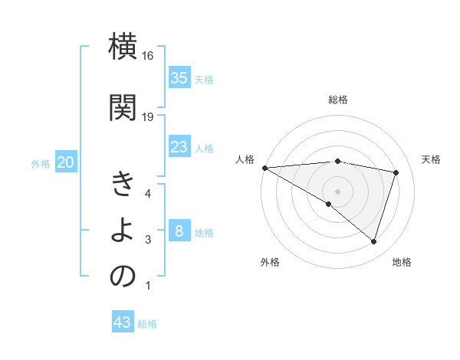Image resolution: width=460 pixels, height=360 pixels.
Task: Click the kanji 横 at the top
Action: tap(123, 47)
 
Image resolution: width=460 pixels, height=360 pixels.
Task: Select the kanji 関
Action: tap(123, 106)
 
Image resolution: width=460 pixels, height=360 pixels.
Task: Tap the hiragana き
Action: tap(123, 185)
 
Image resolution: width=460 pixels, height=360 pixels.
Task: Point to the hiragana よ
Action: tap(123, 231)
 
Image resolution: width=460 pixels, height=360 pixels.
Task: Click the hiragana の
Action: tap(123, 277)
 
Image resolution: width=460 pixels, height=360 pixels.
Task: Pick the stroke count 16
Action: tap(148, 56)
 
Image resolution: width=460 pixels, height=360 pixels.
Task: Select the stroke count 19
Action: tap(148, 116)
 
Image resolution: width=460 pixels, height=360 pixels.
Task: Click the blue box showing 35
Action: tap(179, 77)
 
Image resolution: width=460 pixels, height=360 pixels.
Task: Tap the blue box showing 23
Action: tap(179, 147)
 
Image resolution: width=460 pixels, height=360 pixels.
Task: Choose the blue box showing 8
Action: tap(179, 231)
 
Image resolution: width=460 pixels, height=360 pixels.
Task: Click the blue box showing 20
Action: tap(66, 162)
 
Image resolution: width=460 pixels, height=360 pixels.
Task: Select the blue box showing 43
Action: tap(122, 322)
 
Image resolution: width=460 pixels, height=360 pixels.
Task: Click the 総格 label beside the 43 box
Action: tap(147, 324)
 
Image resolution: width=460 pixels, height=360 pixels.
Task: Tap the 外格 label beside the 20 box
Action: tap(41, 164)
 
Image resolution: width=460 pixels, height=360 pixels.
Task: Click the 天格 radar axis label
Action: tap(431, 159)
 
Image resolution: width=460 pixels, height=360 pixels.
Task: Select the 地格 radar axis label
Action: tap(402, 262)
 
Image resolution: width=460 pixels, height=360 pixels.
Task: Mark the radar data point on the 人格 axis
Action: tap(264, 168)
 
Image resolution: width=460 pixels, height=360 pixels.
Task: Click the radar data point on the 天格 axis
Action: tap(396, 172)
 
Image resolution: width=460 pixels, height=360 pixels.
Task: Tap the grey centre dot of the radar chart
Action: tap(337, 191)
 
